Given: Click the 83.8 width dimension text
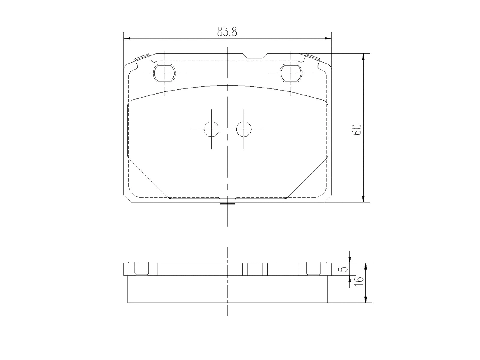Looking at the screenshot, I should [x=227, y=32].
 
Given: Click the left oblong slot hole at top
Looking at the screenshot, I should [x=164, y=73].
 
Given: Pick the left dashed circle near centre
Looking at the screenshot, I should [x=211, y=129].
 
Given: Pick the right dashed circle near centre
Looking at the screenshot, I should [x=244, y=129].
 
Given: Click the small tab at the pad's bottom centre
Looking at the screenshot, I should [x=228, y=204].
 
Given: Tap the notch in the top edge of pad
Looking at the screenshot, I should [x=255, y=56].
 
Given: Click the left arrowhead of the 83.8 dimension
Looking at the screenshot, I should [x=127, y=38].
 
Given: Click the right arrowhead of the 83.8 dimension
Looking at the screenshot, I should [x=329, y=38].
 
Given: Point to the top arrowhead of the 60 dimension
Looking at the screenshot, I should [x=363, y=57].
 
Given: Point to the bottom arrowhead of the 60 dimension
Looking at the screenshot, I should [x=363, y=199].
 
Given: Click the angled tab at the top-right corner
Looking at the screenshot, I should [x=313, y=57].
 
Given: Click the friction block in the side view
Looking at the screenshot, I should [x=228, y=289].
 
